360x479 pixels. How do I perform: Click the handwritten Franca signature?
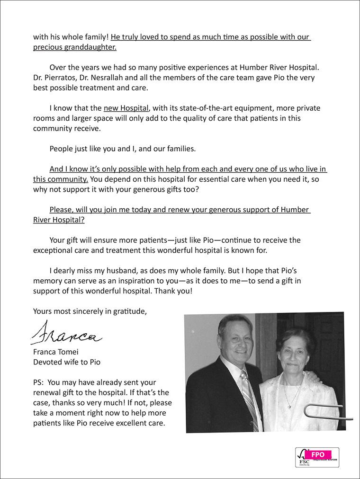[66, 332]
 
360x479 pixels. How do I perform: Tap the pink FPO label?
[318, 454]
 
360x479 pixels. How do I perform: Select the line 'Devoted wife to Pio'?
[66, 363]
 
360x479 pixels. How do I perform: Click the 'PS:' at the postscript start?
[39, 382]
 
